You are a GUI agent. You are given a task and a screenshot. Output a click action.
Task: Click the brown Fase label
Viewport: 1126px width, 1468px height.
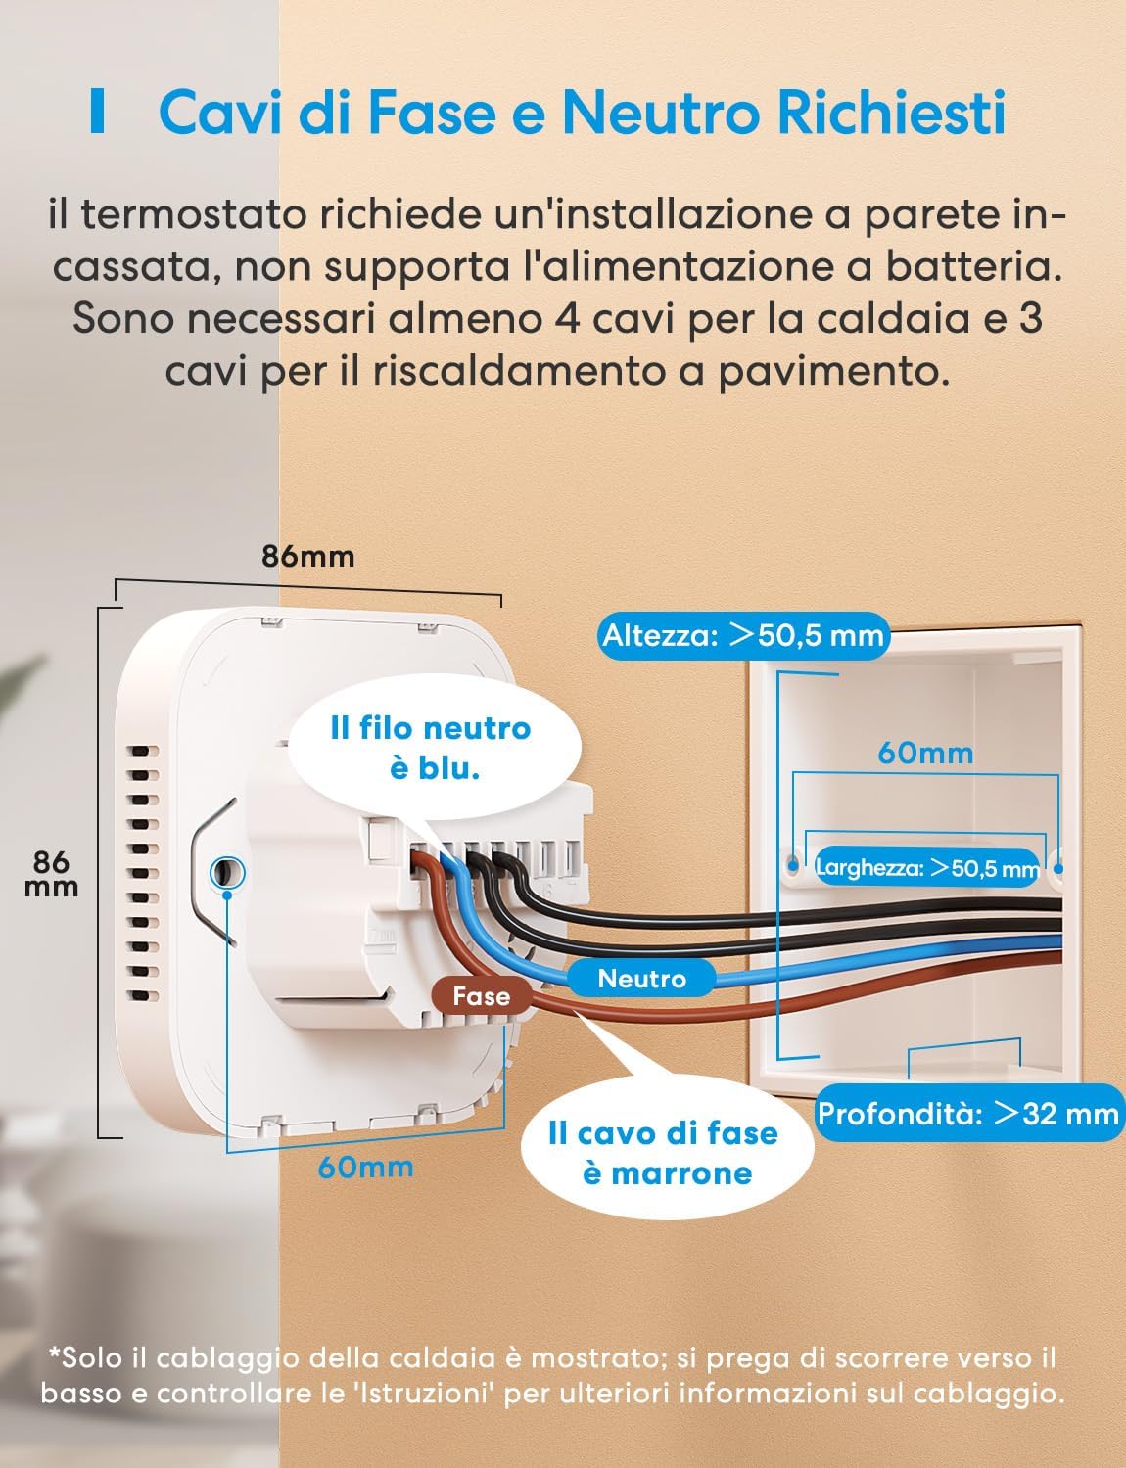(482, 996)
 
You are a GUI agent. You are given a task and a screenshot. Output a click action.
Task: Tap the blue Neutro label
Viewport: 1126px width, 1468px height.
(641, 978)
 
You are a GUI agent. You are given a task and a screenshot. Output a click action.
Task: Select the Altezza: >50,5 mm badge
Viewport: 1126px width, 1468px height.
(742, 635)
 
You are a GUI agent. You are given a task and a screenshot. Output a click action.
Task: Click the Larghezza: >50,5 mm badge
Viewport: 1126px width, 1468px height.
(926, 867)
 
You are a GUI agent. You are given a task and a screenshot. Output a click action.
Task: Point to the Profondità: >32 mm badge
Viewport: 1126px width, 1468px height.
(967, 1113)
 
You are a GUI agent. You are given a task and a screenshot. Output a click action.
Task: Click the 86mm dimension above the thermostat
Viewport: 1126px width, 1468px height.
(307, 556)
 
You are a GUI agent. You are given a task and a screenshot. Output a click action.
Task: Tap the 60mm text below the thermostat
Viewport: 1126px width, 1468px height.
(365, 1167)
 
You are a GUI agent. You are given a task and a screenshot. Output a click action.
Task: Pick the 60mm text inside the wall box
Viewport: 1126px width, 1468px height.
(925, 753)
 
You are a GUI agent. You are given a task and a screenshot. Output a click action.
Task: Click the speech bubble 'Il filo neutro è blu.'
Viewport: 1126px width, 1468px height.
(431, 748)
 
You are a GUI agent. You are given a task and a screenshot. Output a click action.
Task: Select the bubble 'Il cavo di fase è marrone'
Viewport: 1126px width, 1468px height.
(664, 1153)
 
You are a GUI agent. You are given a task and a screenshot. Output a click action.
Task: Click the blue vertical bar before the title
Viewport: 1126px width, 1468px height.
(96, 113)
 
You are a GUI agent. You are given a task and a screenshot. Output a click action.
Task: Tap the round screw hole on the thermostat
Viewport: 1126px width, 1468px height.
(227, 869)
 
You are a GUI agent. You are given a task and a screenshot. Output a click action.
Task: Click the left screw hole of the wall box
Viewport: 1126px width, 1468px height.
(791, 865)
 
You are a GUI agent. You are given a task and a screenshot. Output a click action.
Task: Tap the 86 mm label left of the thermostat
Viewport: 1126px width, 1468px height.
(51, 873)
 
